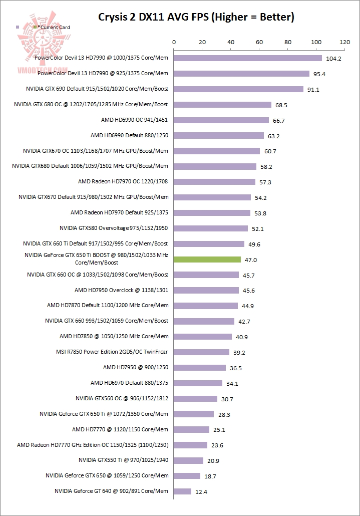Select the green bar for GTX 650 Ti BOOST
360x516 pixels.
click(207, 260)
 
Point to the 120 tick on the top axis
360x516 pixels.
click(344, 43)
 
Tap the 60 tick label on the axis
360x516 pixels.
click(259, 43)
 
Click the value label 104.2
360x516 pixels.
click(333, 59)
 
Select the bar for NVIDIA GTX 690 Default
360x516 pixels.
click(238, 89)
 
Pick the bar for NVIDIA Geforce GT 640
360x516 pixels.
click(183, 491)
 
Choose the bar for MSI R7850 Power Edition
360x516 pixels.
click(202, 352)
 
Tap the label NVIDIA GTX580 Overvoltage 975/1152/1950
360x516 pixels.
click(114, 228)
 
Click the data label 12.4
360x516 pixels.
click(201, 492)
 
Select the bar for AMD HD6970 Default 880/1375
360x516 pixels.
click(198, 383)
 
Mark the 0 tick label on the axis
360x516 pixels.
click(174, 43)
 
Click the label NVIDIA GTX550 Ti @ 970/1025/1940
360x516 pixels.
click(123, 460)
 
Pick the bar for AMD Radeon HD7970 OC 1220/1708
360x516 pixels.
click(214, 182)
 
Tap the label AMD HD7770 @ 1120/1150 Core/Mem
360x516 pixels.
click(120, 429)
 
